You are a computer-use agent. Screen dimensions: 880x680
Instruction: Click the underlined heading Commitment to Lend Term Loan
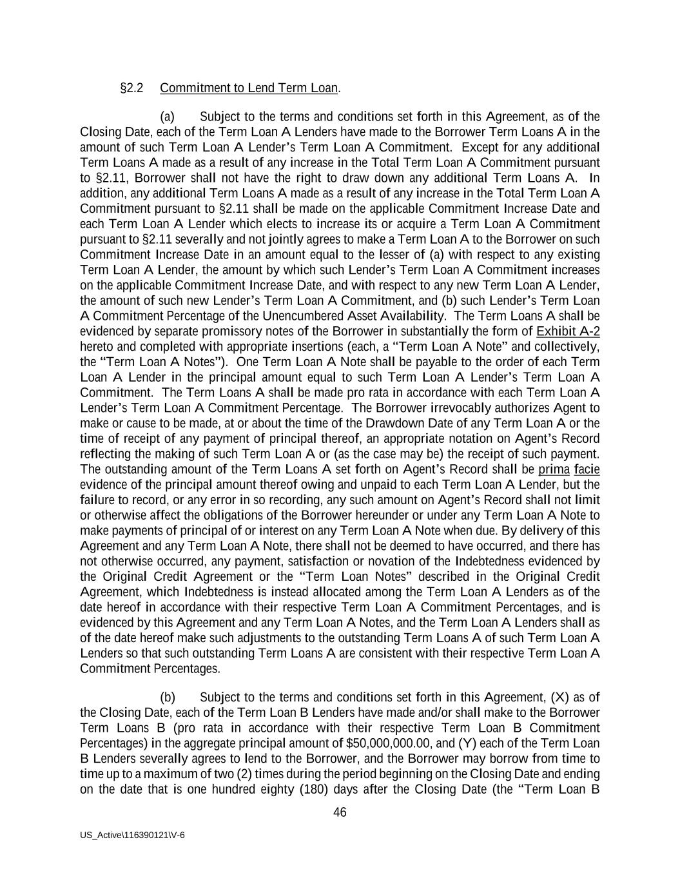coord(248,88)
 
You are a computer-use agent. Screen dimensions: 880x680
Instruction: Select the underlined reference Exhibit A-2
coord(568,331)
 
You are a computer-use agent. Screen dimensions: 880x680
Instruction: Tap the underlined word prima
coord(554,469)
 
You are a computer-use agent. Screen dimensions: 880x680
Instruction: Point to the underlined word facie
coord(587,469)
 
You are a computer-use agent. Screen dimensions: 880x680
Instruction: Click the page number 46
coord(340,812)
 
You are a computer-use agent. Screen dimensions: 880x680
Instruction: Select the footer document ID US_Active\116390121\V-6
coord(133,835)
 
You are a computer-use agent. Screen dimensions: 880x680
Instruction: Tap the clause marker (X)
coord(559,697)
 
